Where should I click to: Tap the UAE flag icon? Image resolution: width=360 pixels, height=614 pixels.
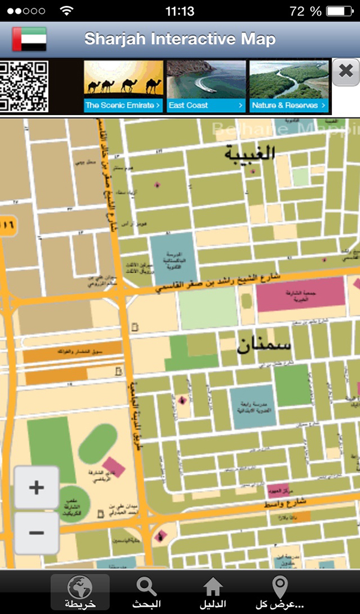pos(29,40)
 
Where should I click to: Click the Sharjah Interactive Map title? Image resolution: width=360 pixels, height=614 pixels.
pos(180,40)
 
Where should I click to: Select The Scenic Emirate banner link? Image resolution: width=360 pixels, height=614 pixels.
pos(124,106)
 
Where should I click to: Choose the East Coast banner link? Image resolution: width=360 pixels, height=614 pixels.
pos(206,106)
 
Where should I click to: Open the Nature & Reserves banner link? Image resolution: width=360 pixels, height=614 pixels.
pos(289,106)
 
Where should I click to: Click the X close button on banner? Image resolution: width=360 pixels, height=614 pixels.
pos(346,71)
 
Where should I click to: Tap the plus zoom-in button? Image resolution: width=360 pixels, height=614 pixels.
pos(37,487)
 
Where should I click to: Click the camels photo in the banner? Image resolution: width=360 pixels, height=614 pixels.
pos(124,80)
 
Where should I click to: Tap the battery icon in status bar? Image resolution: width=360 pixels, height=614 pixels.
pos(340,11)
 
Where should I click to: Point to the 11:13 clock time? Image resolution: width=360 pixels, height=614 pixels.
pos(179,11)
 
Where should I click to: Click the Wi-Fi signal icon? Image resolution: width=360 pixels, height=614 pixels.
pos(67,11)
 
